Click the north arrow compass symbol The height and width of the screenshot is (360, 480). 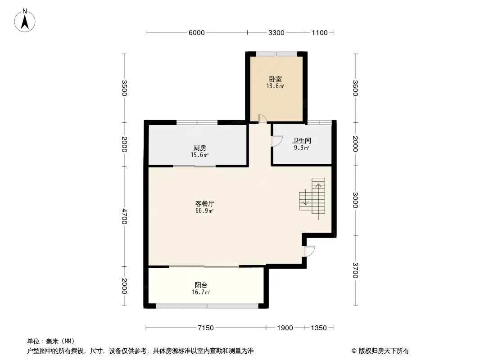click(x=25, y=21)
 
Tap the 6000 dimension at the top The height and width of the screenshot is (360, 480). click(x=196, y=33)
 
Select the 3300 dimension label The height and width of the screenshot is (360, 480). click(x=276, y=33)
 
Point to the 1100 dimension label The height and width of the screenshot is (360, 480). click(x=320, y=33)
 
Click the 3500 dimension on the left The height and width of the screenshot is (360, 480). click(x=124, y=88)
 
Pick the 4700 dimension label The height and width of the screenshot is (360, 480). click(x=124, y=216)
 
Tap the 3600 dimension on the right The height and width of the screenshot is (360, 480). click(x=355, y=88)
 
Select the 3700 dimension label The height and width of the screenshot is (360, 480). click(x=355, y=270)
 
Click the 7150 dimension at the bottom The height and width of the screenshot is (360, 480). click(x=205, y=328)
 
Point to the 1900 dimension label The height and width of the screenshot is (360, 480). click(x=285, y=328)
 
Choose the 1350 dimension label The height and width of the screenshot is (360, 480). click(x=319, y=328)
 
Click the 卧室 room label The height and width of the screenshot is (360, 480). click(x=275, y=79)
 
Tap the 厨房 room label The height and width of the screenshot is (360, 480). click(x=199, y=148)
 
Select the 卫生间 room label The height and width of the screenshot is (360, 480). click(x=302, y=141)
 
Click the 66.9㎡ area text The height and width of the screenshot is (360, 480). click(x=204, y=211)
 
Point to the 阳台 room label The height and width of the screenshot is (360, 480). click(x=201, y=285)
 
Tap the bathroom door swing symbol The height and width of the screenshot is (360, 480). click(x=277, y=141)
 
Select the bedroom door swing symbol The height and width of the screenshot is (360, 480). click(x=263, y=119)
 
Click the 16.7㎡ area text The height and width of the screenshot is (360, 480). click(x=201, y=292)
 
